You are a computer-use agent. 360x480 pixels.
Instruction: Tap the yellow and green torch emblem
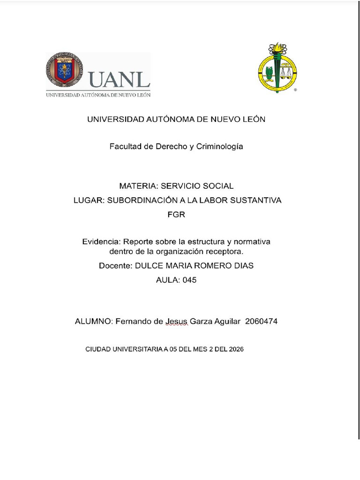[277, 68]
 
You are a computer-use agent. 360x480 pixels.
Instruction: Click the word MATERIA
[137, 186]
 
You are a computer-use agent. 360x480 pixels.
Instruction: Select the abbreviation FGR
[176, 215]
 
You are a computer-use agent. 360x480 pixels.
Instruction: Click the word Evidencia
[101, 242]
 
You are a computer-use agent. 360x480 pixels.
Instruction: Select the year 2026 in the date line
[236, 350]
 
